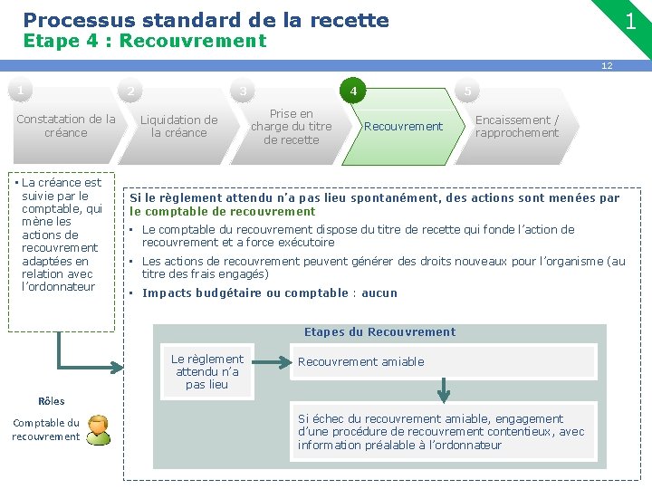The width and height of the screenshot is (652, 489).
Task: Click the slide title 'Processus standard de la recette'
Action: click(x=206, y=19)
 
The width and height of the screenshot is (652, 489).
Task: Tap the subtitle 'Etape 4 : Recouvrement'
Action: click(x=144, y=41)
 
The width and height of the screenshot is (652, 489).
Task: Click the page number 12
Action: click(x=608, y=65)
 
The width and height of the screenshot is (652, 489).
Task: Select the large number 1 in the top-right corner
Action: click(x=630, y=21)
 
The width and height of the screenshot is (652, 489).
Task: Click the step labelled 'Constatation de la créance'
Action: click(x=66, y=126)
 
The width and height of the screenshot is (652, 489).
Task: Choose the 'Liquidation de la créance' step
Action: click(x=178, y=126)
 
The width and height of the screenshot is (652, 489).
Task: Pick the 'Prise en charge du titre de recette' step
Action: click(x=291, y=126)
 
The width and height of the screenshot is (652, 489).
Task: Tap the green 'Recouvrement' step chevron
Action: click(x=403, y=126)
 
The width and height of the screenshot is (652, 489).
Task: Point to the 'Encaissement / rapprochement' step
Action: click(x=517, y=126)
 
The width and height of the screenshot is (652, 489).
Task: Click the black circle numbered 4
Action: click(x=353, y=91)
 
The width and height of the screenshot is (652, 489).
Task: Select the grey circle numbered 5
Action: click(x=467, y=91)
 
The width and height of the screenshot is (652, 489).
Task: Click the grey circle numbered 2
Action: click(x=130, y=91)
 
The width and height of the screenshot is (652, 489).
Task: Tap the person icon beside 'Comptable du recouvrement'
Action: click(x=98, y=430)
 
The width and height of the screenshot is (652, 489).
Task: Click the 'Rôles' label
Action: click(x=52, y=401)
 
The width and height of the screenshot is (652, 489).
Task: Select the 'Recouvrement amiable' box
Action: click(x=443, y=361)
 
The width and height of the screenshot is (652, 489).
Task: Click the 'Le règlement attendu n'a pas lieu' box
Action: click(x=207, y=371)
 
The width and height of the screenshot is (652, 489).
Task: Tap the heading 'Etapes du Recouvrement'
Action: click(x=379, y=332)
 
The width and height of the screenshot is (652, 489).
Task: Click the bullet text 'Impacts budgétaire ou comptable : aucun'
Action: click(x=270, y=293)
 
